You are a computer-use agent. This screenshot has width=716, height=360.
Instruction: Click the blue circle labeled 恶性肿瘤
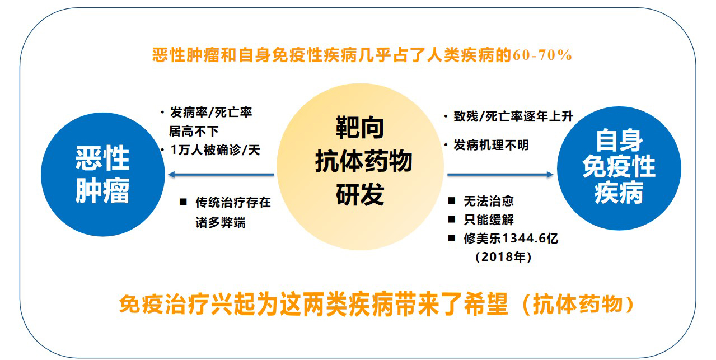pyautogui.click(x=103, y=175)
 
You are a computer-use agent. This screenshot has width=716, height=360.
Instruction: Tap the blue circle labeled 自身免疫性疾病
pyautogui.click(x=619, y=168)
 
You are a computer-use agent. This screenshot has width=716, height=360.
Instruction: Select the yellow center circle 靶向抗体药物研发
pyautogui.click(x=360, y=167)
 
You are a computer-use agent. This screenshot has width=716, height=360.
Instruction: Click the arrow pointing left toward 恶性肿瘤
pyautogui.click(x=221, y=175)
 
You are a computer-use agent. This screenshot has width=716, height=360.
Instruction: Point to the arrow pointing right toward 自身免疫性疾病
pyautogui.click(x=500, y=175)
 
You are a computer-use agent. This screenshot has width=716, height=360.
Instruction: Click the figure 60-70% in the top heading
pyautogui.click(x=542, y=55)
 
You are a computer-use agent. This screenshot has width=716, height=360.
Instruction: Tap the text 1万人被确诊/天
pyautogui.click(x=216, y=150)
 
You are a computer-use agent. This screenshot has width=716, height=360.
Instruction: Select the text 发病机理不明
pyautogui.click(x=492, y=145)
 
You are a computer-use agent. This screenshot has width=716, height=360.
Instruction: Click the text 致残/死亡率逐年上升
pyautogui.click(x=513, y=116)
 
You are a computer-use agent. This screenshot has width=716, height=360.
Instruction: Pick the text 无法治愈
pyautogui.click(x=489, y=201)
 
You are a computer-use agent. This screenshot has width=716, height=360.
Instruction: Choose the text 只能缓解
pyautogui.click(x=489, y=219)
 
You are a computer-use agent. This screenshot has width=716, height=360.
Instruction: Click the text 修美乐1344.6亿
pyautogui.click(x=511, y=238)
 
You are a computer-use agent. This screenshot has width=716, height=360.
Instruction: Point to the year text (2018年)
pyautogui.click(x=503, y=257)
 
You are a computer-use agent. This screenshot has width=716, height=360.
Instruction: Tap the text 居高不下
pyautogui.click(x=194, y=131)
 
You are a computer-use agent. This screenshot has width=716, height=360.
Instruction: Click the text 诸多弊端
pyautogui.click(x=221, y=222)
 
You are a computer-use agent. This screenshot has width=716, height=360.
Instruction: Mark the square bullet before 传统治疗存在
pyautogui.click(x=183, y=202)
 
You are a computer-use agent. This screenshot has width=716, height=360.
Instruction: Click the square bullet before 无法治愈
pyautogui.click(x=452, y=200)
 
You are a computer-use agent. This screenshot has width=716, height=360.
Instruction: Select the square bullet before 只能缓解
pyautogui.click(x=452, y=219)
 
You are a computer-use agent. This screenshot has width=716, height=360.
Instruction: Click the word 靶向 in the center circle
pyautogui.click(x=360, y=128)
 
